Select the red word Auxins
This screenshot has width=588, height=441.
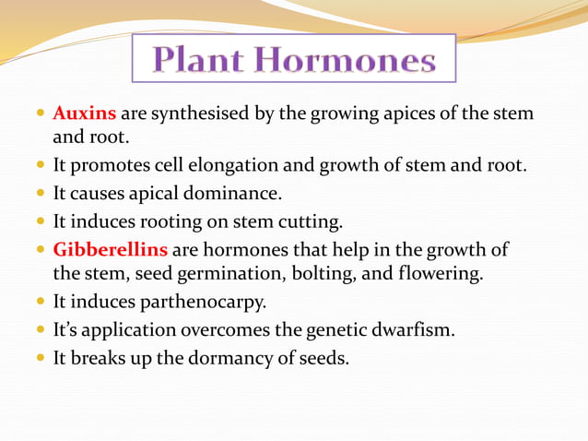pyautogui.click(x=84, y=113)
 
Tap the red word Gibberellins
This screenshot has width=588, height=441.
pyautogui.click(x=110, y=250)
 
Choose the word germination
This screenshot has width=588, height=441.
pyautogui.click(x=222, y=274)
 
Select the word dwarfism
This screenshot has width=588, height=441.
pyautogui.click(x=412, y=329)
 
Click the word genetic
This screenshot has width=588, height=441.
pyautogui.click(x=335, y=329)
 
